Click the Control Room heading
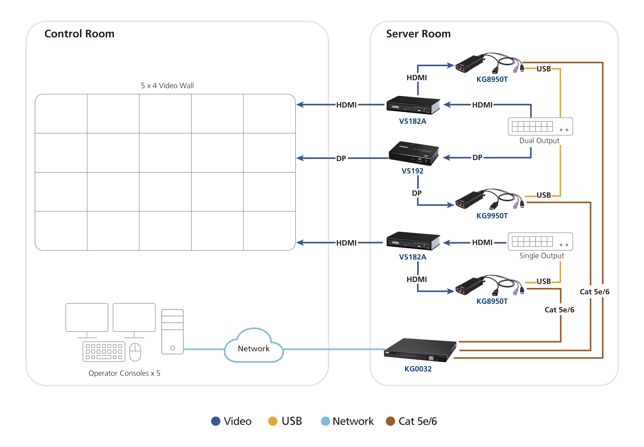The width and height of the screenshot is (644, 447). tap(79, 34)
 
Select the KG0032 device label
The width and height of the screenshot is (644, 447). tap(418, 369)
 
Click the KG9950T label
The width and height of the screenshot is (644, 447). tap(492, 216)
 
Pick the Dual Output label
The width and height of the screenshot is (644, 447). tap(539, 141)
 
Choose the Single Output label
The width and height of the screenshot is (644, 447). tap(541, 255)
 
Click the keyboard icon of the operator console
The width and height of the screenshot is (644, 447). tap(104, 352)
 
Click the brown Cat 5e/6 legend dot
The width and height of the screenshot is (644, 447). tap(390, 421)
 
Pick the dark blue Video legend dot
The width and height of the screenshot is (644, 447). tap(216, 421)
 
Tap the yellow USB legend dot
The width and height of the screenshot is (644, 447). tap(272, 421)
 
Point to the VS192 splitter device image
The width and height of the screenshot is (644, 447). tap(413, 154)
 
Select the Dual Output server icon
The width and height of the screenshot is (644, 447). tap(540, 127)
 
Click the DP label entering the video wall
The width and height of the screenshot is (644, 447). tap(341, 159)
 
